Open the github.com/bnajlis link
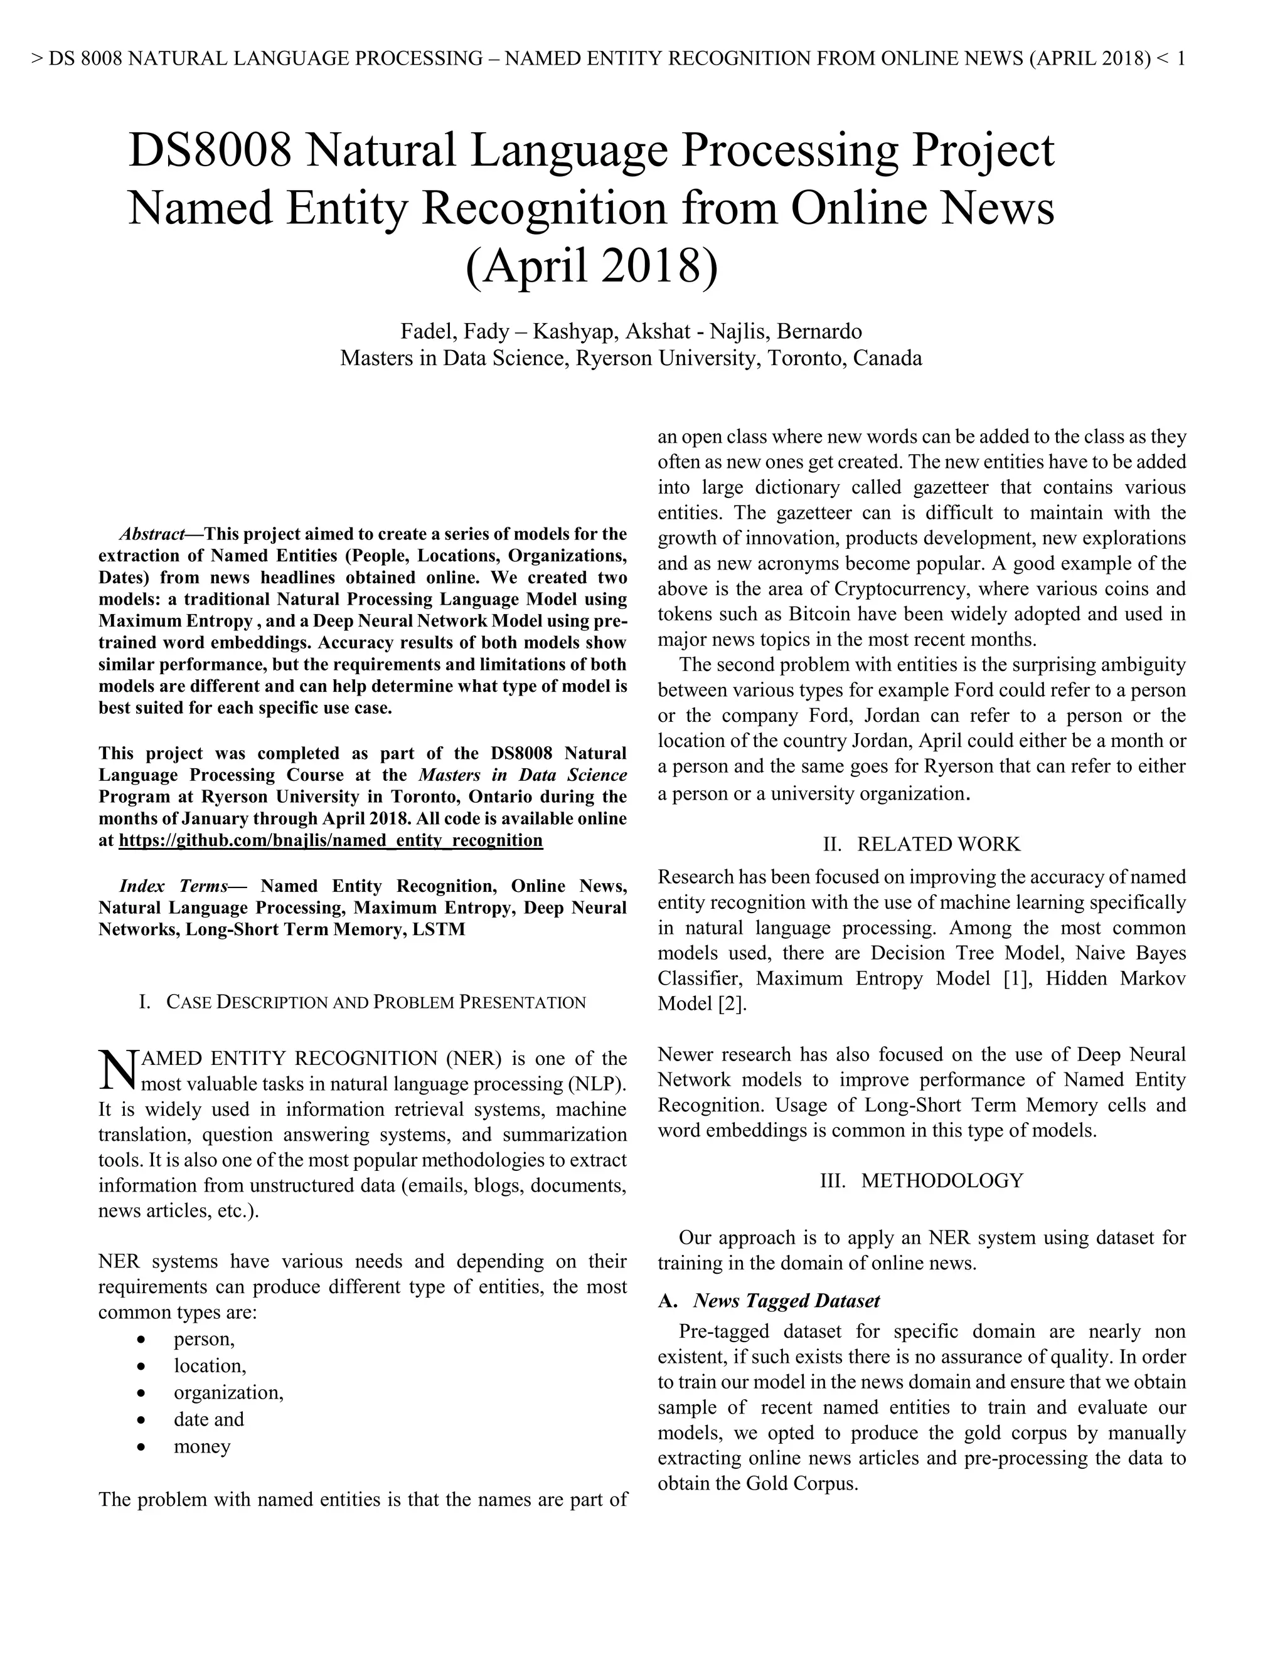click(331, 840)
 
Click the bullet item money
click(202, 1446)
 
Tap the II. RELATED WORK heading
click(922, 844)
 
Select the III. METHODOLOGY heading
click(922, 1180)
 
